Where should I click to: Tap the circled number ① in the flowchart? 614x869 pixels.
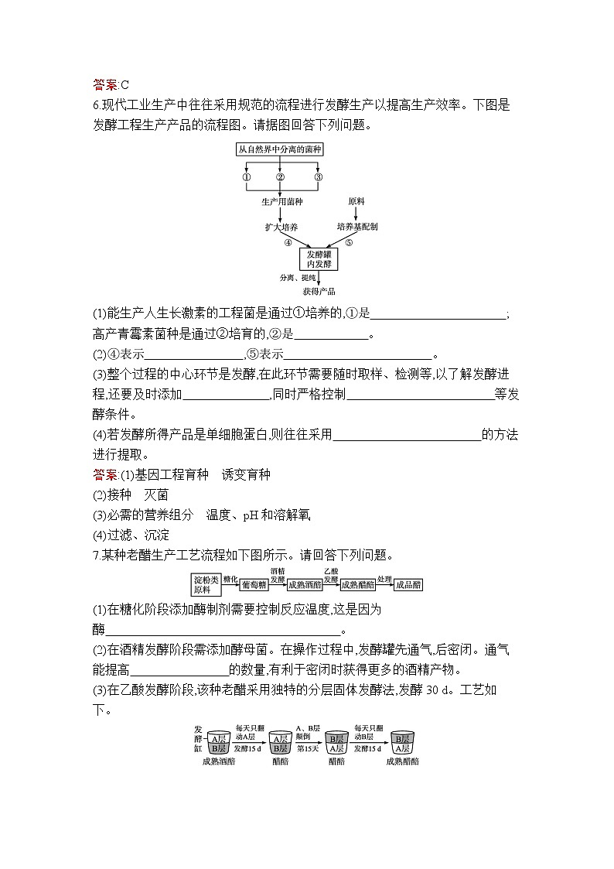click(x=247, y=177)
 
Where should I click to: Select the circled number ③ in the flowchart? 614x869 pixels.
click(x=318, y=177)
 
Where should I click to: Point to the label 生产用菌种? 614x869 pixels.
click(x=281, y=202)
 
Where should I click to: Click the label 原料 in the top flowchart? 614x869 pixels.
click(x=356, y=202)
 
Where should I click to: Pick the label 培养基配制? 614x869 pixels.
click(x=356, y=227)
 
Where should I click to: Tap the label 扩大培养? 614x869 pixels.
click(x=281, y=227)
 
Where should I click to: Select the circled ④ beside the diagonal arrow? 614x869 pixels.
click(x=288, y=242)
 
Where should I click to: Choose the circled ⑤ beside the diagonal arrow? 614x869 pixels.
click(x=349, y=242)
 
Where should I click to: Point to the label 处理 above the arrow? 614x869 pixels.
click(x=384, y=578)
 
